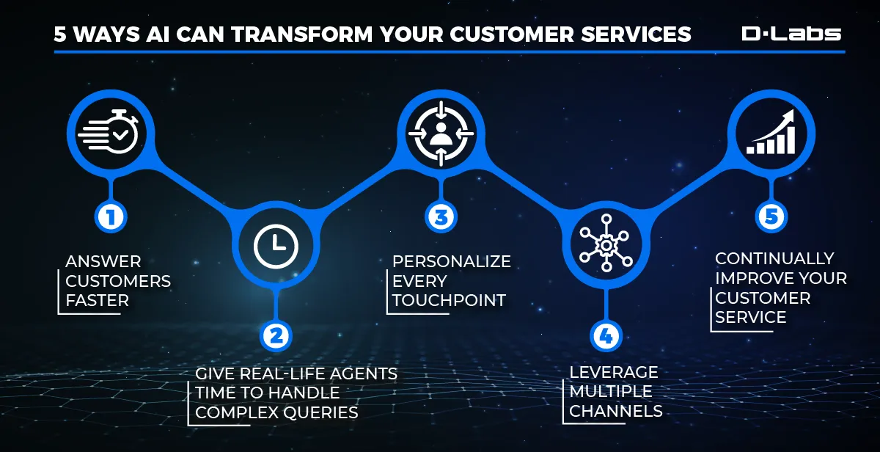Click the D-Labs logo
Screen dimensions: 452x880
pyautogui.click(x=791, y=33)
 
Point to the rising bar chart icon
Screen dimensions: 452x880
pyautogui.click(x=770, y=134)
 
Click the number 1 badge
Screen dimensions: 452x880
pyautogui.click(x=110, y=216)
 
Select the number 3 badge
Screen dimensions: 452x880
pyautogui.click(x=440, y=216)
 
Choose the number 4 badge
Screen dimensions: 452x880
pyautogui.click(x=605, y=335)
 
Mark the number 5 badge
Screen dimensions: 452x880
pyautogui.click(x=770, y=216)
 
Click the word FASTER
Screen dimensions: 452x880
pyautogui.click(x=97, y=300)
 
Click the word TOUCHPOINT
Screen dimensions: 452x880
pyautogui.click(x=449, y=300)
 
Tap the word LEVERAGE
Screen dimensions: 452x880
pyautogui.click(x=614, y=372)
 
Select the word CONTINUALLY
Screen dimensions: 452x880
pyautogui.click(x=774, y=258)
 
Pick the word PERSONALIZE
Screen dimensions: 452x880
pyautogui.click(x=451, y=262)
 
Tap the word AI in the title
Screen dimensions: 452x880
pyautogui.click(x=163, y=34)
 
